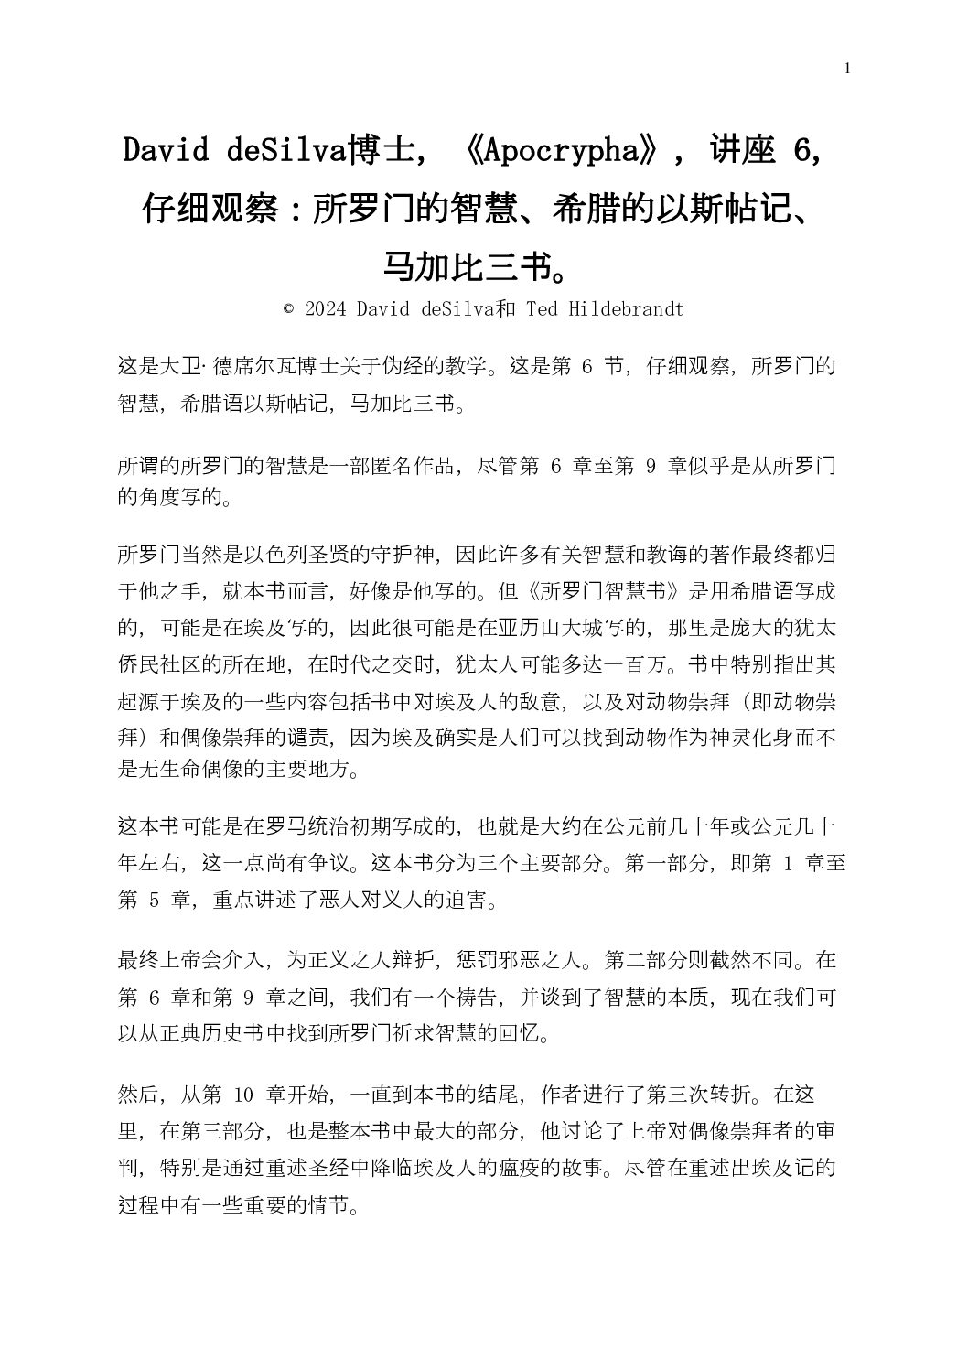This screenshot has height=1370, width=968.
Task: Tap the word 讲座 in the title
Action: tap(743, 152)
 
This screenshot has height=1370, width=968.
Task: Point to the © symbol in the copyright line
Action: tap(289, 309)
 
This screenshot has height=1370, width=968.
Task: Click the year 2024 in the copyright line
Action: tap(326, 309)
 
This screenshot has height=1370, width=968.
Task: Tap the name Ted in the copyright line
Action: tap(542, 309)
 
